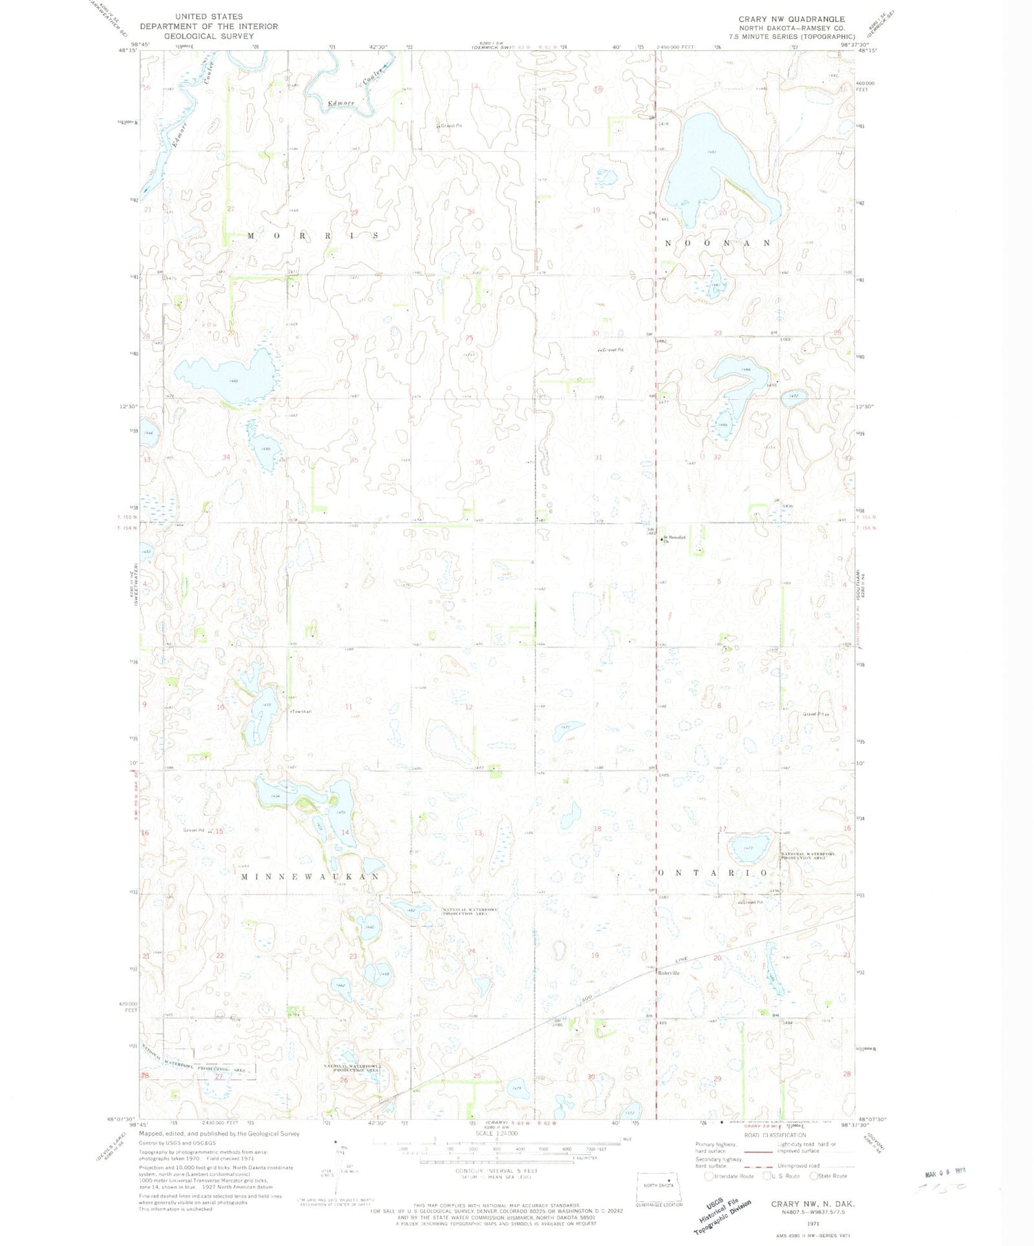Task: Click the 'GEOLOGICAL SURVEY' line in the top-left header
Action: (198, 36)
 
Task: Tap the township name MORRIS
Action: (313, 236)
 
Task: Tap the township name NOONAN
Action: (718, 243)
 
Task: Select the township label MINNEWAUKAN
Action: (311, 877)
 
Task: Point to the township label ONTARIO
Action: (713, 873)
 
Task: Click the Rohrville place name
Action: (668, 973)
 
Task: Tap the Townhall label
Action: (301, 711)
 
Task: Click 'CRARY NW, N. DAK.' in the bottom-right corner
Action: (813, 1204)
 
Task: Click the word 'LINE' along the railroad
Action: (682, 961)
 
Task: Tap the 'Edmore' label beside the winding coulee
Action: (341, 103)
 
